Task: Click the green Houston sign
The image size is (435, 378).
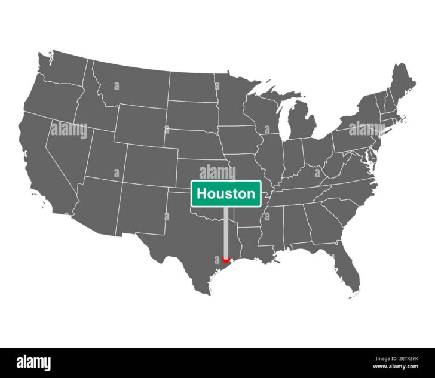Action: point(226,193)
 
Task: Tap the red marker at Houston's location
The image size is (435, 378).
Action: point(226,259)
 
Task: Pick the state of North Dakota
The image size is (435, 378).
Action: point(191,87)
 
